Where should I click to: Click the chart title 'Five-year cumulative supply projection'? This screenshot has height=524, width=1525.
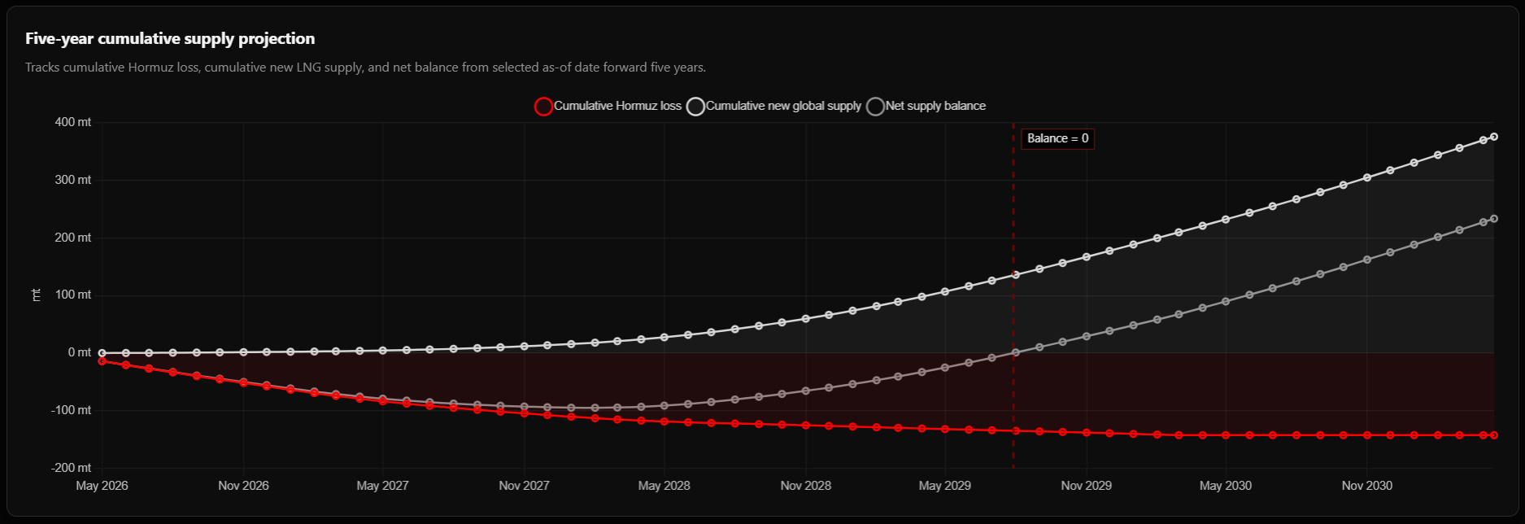coord(170,38)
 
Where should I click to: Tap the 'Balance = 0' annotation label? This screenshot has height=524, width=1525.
coord(1057,138)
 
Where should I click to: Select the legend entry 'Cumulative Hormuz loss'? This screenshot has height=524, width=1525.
coord(608,106)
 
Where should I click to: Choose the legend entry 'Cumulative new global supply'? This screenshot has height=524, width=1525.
coord(774,106)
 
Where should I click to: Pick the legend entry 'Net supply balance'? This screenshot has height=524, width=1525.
coord(926,106)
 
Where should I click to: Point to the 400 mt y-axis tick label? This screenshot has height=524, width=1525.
coord(73,122)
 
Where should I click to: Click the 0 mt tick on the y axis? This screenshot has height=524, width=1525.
coord(80,352)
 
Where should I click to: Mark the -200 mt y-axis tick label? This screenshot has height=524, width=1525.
coord(72,468)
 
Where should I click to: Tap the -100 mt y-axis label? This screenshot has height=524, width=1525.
coord(72,410)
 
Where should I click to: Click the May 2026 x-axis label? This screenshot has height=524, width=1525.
coord(102,486)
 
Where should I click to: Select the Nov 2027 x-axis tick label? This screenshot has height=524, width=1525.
coord(524,486)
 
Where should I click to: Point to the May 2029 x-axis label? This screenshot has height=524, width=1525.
coord(945,486)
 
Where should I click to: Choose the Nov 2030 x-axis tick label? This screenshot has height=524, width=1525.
coord(1367,486)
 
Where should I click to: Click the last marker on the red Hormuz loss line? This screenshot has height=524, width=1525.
coord(1494,435)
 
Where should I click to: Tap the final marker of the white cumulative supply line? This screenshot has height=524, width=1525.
coord(1494,137)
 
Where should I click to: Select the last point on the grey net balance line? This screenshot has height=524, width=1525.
coord(1494,219)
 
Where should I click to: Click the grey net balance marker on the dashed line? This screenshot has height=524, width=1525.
coord(1015,352)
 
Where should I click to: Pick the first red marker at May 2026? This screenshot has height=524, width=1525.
coord(102,360)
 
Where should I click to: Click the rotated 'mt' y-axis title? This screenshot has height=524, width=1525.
coord(36,295)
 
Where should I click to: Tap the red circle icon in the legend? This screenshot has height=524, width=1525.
coord(542,107)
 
